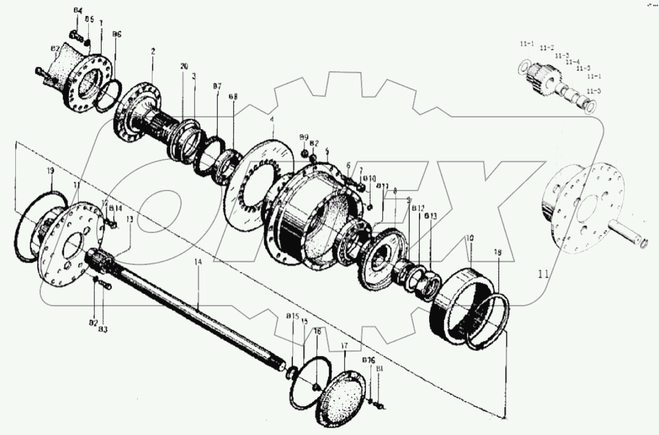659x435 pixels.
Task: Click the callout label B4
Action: [x=78, y=10]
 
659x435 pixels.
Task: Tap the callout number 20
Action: [x=184, y=67]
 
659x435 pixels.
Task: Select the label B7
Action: [x=217, y=86]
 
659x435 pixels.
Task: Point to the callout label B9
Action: [x=303, y=137]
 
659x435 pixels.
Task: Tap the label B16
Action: [x=369, y=360]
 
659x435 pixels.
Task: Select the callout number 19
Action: [x=51, y=171]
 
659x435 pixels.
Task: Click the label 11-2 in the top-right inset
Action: [x=547, y=48]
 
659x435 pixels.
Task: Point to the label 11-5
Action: [x=594, y=91]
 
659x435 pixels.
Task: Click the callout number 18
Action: [x=498, y=252]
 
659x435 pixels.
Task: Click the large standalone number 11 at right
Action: [x=543, y=274]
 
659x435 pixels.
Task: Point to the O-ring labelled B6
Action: [x=110, y=95]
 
